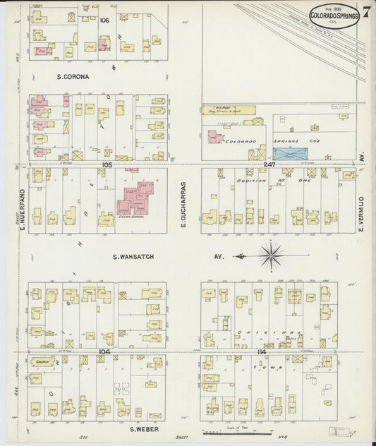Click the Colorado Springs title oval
click(334, 14)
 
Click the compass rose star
click(271, 255)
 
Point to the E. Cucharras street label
click(183, 198)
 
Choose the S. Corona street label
click(73, 76)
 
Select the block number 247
click(269, 164)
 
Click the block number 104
click(104, 351)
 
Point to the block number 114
click(262, 351)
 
